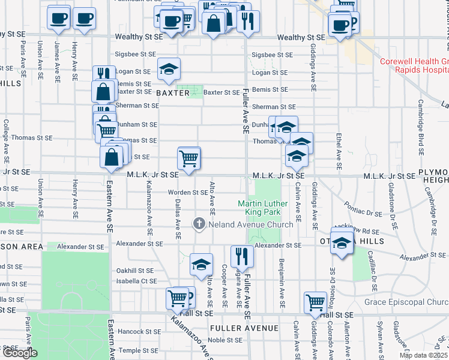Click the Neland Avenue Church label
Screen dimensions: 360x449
click(250, 224)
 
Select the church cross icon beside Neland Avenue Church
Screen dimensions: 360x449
click(199, 224)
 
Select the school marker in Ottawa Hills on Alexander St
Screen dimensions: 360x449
click(342, 242)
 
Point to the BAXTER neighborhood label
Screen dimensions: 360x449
click(173, 93)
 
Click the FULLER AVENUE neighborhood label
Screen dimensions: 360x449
click(244, 328)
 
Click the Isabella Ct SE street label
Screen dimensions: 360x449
click(137, 281)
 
